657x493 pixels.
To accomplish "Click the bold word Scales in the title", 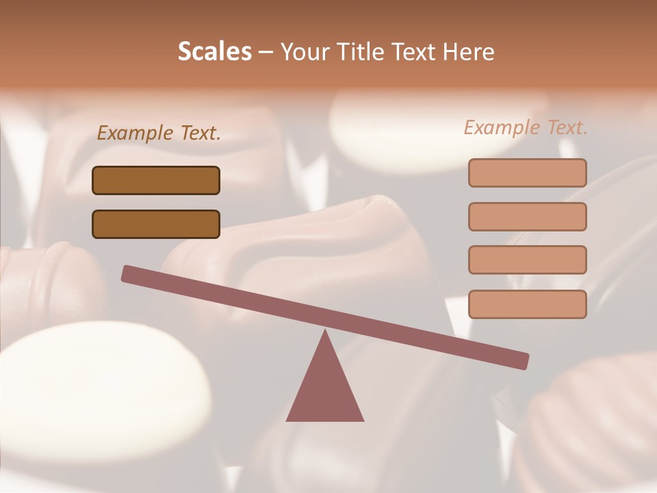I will click(215, 51).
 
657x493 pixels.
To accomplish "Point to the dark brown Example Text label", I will click(159, 133).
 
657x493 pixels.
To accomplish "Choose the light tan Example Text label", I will click(526, 127).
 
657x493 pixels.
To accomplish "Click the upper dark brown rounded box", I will click(156, 180).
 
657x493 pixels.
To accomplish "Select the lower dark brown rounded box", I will click(156, 224).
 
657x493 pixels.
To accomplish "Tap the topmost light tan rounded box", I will click(527, 173).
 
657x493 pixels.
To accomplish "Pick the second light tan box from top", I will click(527, 216).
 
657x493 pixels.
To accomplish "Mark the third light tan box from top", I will click(527, 260).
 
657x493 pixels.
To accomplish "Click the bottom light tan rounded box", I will click(527, 304).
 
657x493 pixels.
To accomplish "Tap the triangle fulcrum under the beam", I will click(324, 390).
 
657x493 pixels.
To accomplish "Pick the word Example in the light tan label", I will click(502, 127).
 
